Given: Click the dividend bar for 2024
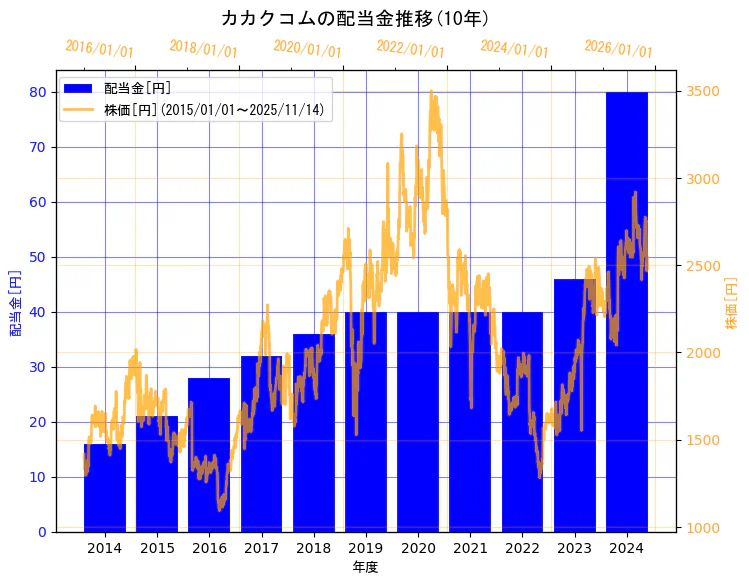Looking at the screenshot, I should pyautogui.click(x=627, y=311).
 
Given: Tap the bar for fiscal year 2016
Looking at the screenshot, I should pyautogui.click(x=209, y=454).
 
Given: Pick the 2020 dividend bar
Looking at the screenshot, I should pyautogui.click(x=418, y=421).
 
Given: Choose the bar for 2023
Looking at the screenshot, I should pyautogui.click(x=575, y=405).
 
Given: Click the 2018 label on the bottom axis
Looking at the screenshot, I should pyautogui.click(x=314, y=548).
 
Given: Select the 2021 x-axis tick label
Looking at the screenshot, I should pyautogui.click(x=470, y=548).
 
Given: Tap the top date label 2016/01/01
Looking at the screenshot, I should pyautogui.click(x=100, y=48).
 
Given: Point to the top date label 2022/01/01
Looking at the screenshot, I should pyautogui.click(x=411, y=48).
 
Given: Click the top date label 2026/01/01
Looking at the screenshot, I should pyautogui.click(x=618, y=48).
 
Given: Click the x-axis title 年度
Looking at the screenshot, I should pyautogui.click(x=366, y=567).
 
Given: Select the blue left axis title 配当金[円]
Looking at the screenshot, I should pyautogui.click(x=15, y=302).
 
